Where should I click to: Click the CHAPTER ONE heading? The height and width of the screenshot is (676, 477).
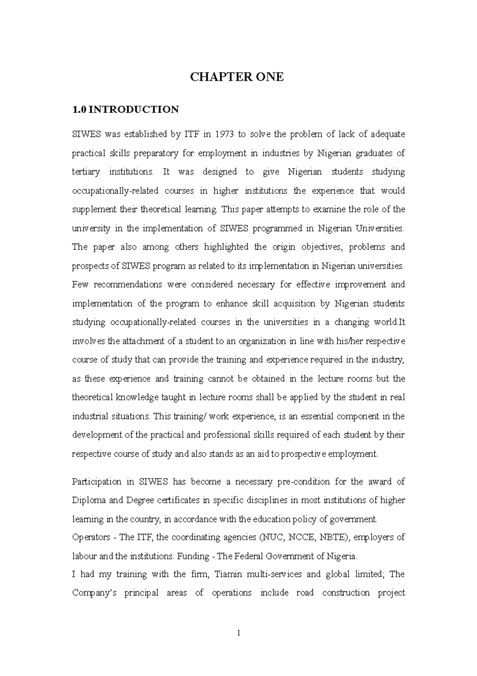pyautogui.click(x=237, y=77)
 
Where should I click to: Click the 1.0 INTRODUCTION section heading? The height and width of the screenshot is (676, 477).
pyautogui.click(x=126, y=109)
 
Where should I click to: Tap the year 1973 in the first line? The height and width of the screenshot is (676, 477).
pyautogui.click(x=224, y=134)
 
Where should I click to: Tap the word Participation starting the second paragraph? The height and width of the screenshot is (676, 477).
pyautogui.click(x=96, y=482)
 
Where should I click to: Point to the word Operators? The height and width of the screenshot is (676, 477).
pyautogui.click(x=90, y=537)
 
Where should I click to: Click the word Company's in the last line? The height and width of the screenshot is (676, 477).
pyautogui.click(x=94, y=593)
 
